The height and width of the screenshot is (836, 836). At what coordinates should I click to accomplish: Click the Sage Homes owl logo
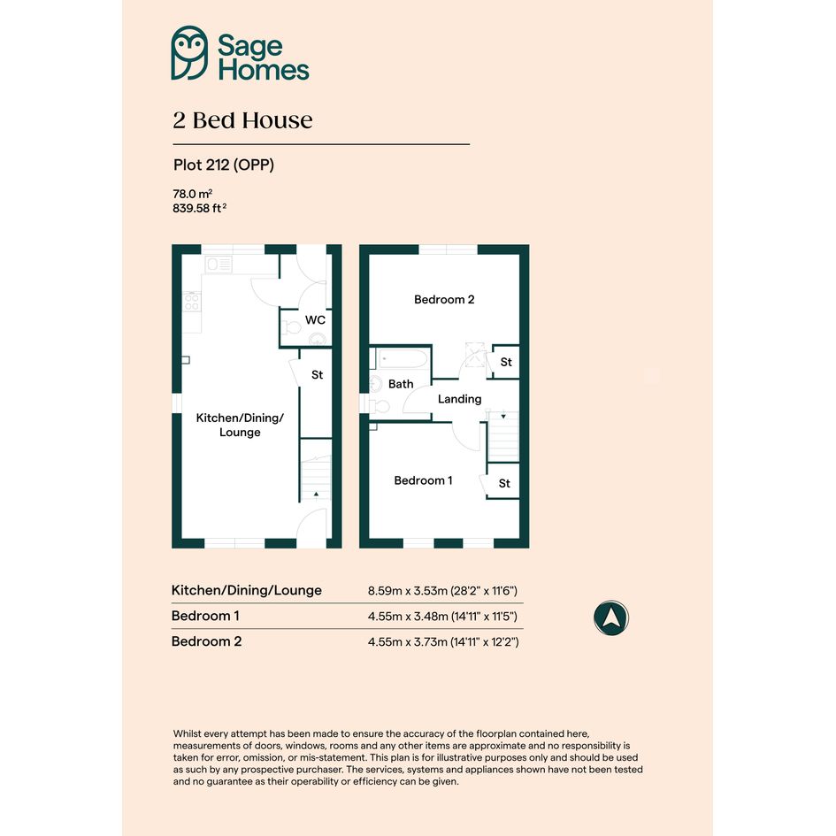(x=189, y=53)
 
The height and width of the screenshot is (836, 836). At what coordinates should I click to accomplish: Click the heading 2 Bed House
(x=242, y=120)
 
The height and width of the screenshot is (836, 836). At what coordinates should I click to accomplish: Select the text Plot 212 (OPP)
(x=224, y=165)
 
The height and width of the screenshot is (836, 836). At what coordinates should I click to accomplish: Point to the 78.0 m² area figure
(x=193, y=194)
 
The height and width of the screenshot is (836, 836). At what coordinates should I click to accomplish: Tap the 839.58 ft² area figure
(x=199, y=208)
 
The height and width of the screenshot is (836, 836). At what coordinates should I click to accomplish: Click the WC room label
(x=315, y=320)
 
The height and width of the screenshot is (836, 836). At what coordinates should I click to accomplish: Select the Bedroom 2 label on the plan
(x=444, y=300)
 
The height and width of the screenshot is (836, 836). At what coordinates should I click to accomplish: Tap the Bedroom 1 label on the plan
(x=423, y=480)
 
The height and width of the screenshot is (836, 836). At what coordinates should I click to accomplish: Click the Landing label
(x=460, y=399)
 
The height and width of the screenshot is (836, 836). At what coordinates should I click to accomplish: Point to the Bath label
(x=401, y=384)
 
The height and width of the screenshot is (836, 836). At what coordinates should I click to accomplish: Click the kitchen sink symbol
(x=219, y=264)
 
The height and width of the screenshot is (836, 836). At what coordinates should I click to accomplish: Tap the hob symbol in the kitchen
(x=192, y=303)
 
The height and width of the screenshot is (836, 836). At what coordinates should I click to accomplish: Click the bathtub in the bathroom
(x=403, y=358)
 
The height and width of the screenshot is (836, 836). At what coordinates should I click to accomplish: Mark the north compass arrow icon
(x=611, y=618)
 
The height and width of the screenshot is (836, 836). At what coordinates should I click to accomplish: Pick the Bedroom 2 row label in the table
(x=206, y=641)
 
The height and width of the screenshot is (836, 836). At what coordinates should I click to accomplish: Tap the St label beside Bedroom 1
(x=504, y=484)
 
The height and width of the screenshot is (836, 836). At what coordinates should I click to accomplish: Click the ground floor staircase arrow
(x=316, y=495)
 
